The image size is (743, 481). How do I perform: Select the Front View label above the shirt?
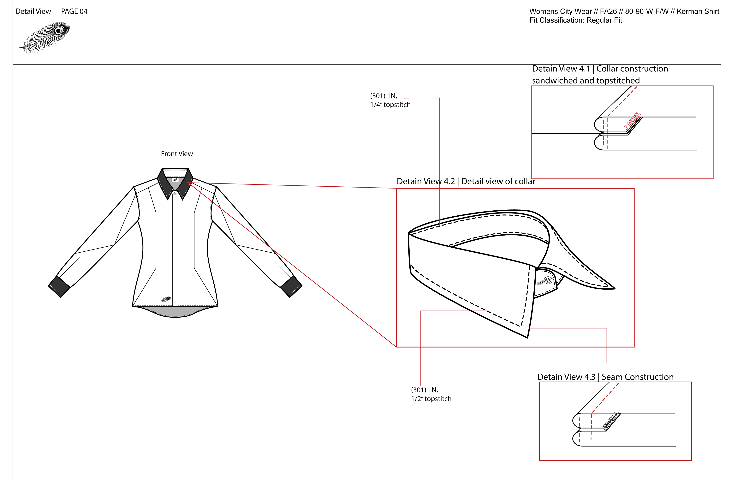[177, 154]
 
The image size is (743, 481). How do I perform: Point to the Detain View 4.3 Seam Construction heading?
[605, 377]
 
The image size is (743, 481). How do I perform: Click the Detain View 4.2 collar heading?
[466, 182]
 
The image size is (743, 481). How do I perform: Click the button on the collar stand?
[548, 280]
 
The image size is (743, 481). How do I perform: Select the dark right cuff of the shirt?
[291, 286]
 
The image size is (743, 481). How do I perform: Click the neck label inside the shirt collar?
[175, 180]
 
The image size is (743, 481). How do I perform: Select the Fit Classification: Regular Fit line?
[575, 20]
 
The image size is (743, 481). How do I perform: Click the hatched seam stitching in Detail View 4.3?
[611, 421]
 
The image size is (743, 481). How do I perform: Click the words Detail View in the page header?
[33, 12]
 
